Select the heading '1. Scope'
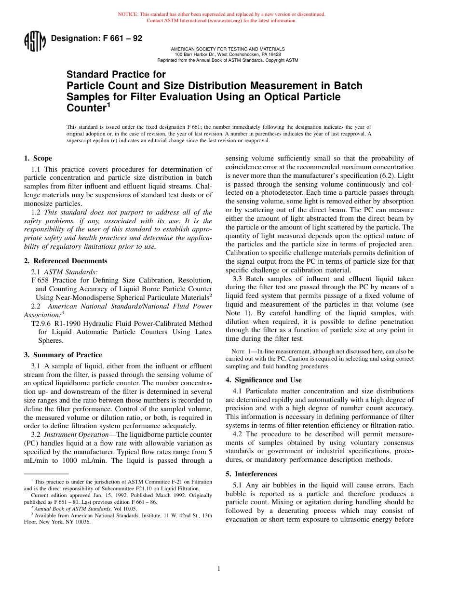pos(38,158)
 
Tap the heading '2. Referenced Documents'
pos(66,261)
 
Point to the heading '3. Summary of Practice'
pos(63,355)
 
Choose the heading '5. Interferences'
pos(251,474)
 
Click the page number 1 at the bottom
pos(218,569)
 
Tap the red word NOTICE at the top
pos(128,14)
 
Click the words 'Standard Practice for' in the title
pos(116,75)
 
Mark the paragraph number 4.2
pos(238,434)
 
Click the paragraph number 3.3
pos(238,278)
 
